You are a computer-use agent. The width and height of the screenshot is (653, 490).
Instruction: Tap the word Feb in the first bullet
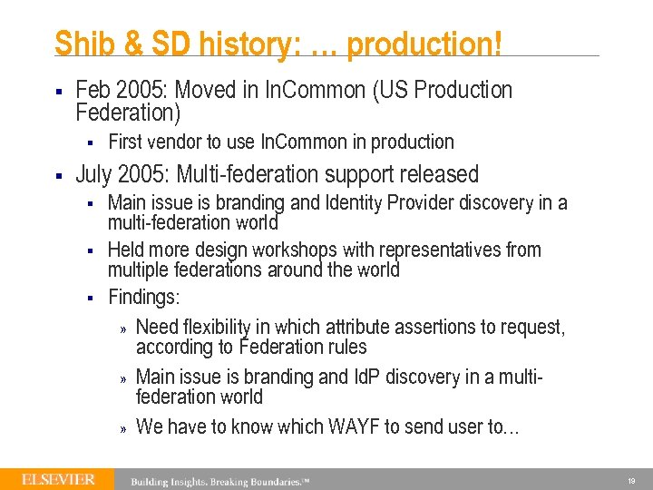click(93, 90)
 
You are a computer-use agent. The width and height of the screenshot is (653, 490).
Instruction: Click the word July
click(95, 173)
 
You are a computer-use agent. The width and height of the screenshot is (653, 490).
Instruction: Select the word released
click(436, 173)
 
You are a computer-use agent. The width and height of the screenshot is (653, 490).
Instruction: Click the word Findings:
click(143, 297)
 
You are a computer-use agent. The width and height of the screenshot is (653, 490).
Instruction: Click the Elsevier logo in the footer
click(58, 479)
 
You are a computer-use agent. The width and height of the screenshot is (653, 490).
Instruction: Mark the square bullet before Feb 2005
click(58, 91)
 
